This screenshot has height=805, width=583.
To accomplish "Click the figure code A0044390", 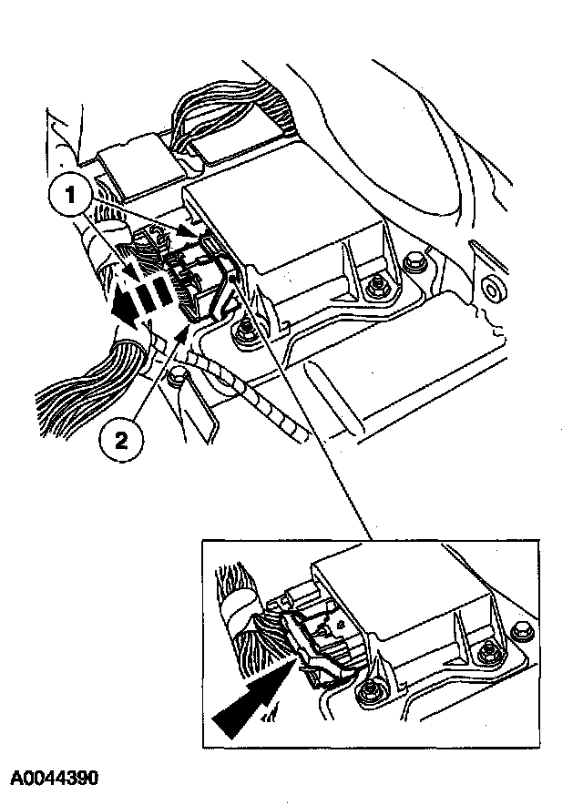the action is [x=54, y=780].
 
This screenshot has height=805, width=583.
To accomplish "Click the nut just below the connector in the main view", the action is [x=244, y=333].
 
